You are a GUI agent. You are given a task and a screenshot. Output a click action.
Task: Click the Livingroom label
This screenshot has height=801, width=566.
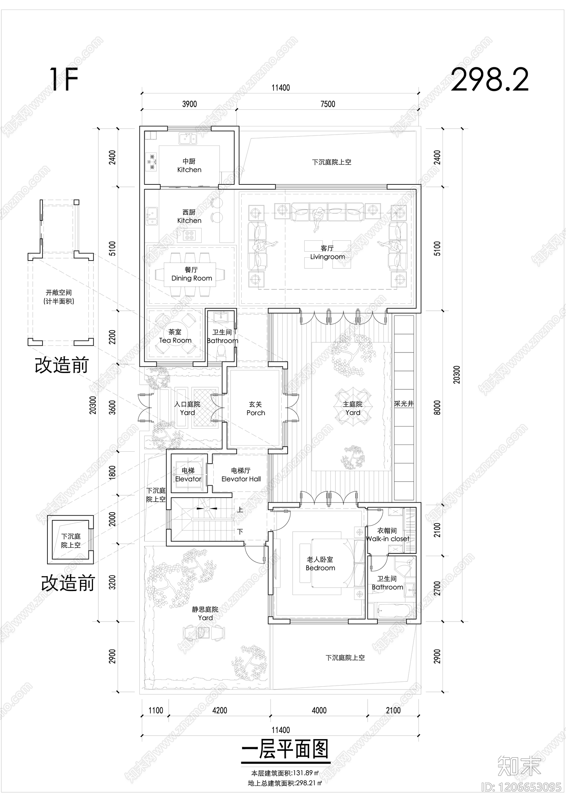click(x=327, y=253)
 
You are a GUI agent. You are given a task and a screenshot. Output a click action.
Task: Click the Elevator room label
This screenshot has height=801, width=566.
click(x=188, y=475)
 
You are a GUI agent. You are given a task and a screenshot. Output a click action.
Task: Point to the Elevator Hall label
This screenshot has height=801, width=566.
click(x=241, y=475)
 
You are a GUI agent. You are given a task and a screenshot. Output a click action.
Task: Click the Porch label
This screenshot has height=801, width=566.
click(x=255, y=408)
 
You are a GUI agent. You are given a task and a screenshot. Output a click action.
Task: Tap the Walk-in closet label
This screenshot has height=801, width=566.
click(x=387, y=535)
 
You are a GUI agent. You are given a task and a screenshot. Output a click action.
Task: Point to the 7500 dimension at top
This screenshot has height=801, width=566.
click(x=328, y=104)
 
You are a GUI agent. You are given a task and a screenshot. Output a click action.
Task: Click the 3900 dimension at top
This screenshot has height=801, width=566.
click(x=189, y=104)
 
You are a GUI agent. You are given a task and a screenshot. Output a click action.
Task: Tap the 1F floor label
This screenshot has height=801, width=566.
click(x=64, y=80)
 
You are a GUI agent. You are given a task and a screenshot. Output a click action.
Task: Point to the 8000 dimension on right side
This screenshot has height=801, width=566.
click(x=437, y=407)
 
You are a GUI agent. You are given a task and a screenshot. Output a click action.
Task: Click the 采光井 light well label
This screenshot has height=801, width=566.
click(x=404, y=404)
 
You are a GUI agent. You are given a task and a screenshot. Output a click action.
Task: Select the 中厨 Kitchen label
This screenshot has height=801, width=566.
click(x=189, y=165)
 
